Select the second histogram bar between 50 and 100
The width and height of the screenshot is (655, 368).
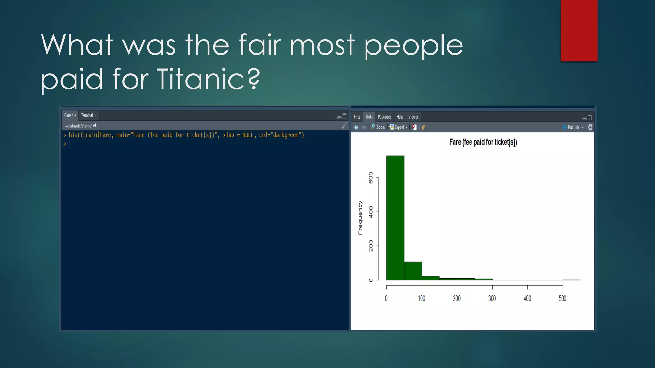pos(413,271)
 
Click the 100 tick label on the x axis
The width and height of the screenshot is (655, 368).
pos(422,298)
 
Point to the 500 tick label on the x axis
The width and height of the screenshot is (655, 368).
pos(562,298)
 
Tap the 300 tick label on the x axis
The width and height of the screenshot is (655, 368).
pos(492,298)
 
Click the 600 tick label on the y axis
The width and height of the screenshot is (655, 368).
pos(371,178)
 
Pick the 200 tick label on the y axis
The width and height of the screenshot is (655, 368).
pos(371,246)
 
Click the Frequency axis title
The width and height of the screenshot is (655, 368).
pos(360,218)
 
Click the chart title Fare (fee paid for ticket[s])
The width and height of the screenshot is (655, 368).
pos(483,142)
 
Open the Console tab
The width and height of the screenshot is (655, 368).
pos(70,115)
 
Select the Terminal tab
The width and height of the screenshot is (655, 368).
pos(87,115)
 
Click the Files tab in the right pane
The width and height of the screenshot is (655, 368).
pos(357,117)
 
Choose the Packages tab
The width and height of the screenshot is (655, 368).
pos(384,117)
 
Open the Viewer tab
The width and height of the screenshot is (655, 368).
pos(413,117)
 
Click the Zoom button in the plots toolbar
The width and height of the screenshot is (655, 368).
pos(378,127)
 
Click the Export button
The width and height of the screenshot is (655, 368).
pos(399,127)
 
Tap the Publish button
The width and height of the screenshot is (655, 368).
pos(572,127)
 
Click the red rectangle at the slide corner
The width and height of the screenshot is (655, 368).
pos(579,30)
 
